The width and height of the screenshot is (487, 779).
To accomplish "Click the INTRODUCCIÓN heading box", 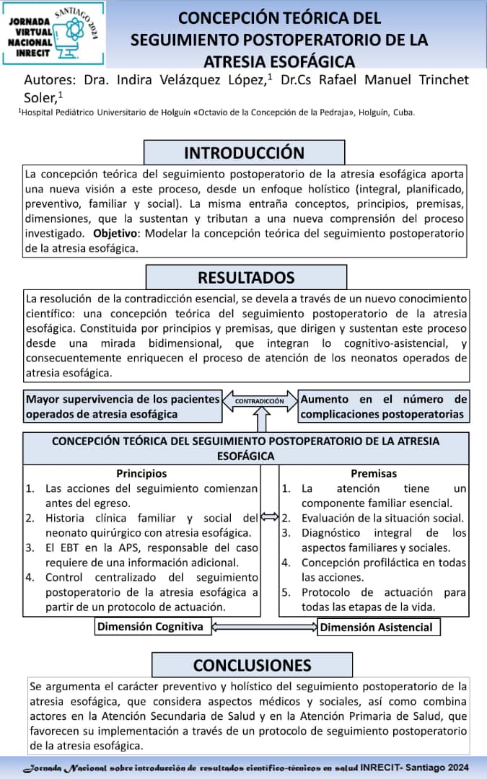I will click(x=244, y=152).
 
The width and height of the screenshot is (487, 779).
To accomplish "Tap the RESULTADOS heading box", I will click(x=246, y=277).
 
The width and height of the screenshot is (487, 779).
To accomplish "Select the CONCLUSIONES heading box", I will click(x=252, y=664).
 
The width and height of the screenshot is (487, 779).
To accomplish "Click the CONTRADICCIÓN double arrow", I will click(x=260, y=401).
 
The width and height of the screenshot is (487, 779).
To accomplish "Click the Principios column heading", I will click(x=141, y=473).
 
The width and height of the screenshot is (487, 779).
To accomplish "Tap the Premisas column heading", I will click(x=374, y=473).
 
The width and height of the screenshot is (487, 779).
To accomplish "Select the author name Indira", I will click(x=112, y=79).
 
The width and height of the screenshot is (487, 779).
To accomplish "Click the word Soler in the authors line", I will click(x=40, y=96).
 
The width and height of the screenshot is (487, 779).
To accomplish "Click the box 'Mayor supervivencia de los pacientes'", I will click(x=122, y=406).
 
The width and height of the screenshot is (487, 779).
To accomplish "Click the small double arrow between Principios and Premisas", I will click(x=269, y=516).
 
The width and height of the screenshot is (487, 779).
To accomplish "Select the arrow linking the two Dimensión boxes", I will click(x=266, y=626).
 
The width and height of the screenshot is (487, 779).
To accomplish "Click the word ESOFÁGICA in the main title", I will click(x=310, y=61).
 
